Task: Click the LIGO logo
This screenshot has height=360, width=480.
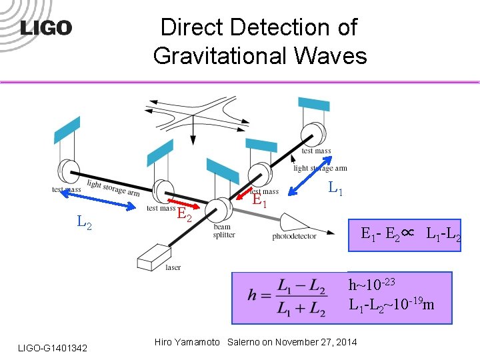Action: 45,28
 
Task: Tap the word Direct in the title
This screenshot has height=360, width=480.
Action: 193,27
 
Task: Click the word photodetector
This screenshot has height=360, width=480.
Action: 294,237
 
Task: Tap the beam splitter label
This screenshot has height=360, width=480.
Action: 223,231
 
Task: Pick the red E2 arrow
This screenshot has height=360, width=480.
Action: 182,202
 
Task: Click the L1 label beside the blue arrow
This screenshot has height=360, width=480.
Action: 336,189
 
